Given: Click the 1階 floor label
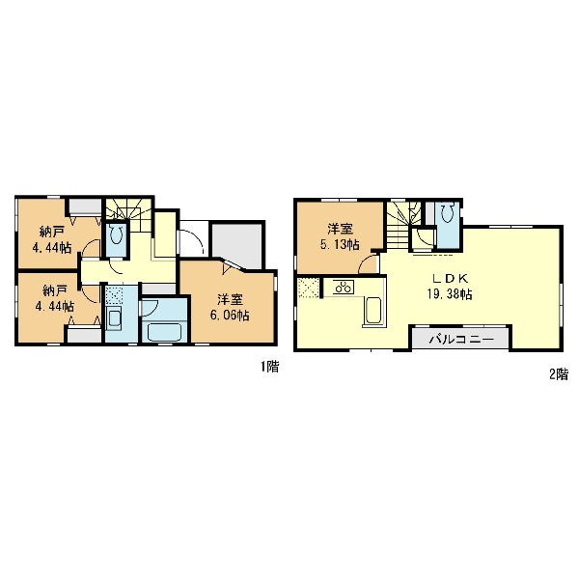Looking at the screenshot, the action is point(270,367).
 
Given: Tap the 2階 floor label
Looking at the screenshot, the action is point(559,374).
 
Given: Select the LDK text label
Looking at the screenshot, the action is point(450,279).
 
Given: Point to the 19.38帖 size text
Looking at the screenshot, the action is point(450,294).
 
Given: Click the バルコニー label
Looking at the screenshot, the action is point(461,339).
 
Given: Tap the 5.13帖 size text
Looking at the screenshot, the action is point(340,244).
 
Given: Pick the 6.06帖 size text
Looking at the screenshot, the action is point(230,315).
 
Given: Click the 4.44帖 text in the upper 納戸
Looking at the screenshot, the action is point(52,248).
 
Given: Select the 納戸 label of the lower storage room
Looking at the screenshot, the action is point(54,290).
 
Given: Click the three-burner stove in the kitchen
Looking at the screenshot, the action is point(344,287).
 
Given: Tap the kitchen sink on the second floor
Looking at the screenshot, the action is point(373,310).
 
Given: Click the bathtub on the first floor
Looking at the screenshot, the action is point(164,331).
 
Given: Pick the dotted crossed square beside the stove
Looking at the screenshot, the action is point(309,288).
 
